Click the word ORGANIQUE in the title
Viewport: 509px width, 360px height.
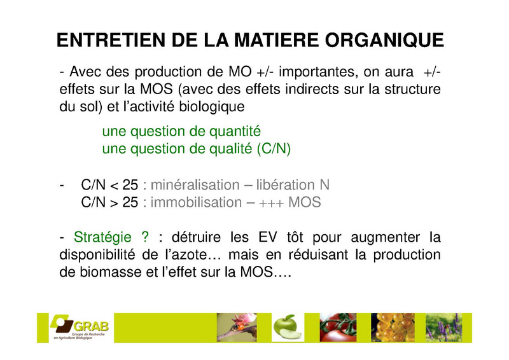384,41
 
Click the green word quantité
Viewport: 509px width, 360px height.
235,132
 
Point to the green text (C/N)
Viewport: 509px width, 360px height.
274,149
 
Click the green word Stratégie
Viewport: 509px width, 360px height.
102,238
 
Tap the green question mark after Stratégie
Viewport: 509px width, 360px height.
145,237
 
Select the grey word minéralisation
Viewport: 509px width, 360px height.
195,185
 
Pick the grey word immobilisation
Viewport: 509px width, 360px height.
196,202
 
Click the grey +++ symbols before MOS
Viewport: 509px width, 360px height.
272,204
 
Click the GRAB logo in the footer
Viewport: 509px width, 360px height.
79,327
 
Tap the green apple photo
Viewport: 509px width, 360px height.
288,328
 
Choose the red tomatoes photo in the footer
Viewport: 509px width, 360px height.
338,328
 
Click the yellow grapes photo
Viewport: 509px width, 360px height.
393,328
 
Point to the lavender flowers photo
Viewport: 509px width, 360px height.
443,328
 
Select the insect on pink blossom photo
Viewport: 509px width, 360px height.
237,328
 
